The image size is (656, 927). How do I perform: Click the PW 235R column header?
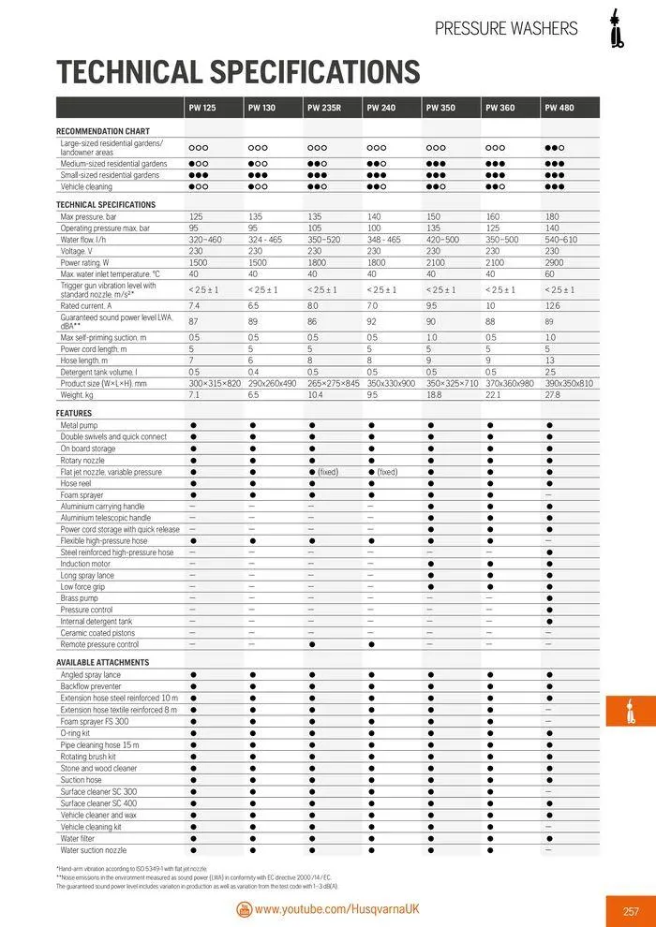pyautogui.click(x=323, y=108)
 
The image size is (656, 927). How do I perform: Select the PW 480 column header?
pyautogui.click(x=559, y=108)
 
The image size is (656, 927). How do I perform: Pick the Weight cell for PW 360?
pyautogui.click(x=493, y=395)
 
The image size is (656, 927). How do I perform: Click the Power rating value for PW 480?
pyautogui.click(x=552, y=262)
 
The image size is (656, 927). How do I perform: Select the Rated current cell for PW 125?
pyautogui.click(x=195, y=305)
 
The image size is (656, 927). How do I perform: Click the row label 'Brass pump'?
pyautogui.click(x=79, y=597)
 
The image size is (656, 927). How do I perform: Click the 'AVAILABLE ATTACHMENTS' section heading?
pyautogui.click(x=102, y=662)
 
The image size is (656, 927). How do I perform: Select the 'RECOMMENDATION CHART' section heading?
pyautogui.click(x=103, y=131)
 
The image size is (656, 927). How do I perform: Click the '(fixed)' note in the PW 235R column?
pyautogui.click(x=328, y=472)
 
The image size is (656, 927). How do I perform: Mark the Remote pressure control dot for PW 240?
pyautogui.click(x=372, y=644)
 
